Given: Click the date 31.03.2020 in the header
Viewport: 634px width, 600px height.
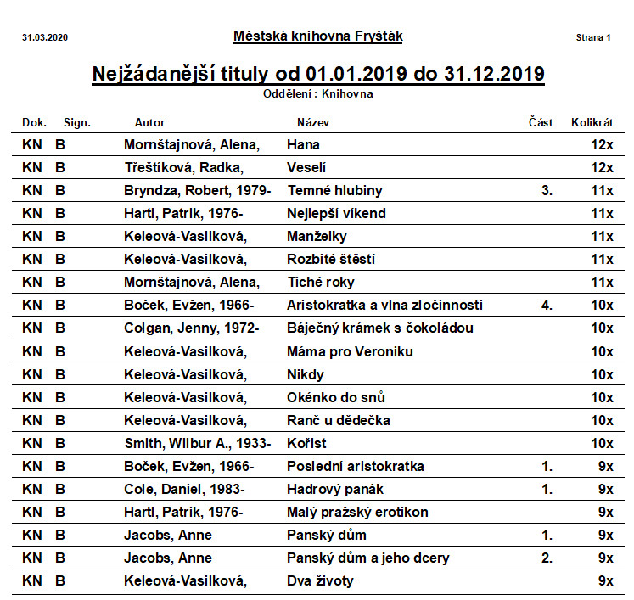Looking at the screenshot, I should click(44, 37).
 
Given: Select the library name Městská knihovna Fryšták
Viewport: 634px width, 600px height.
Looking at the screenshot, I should click(317, 36).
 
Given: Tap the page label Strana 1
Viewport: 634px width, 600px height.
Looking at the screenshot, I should click(593, 37).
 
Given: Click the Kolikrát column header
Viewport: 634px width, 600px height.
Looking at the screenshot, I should click(592, 122).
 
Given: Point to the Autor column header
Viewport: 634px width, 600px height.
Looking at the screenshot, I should click(150, 122).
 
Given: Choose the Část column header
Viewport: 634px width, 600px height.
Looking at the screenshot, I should click(540, 122).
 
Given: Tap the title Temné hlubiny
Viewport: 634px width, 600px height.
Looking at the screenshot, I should click(334, 191).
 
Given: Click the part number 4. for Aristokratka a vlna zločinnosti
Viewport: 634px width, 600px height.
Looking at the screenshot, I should click(547, 306).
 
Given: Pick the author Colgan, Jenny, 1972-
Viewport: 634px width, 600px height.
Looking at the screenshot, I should click(195, 328).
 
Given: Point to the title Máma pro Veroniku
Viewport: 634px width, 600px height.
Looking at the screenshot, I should click(350, 351).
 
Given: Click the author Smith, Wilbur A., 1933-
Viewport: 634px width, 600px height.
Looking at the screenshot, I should click(197, 443).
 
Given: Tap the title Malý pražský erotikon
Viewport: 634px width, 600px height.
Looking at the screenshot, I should click(357, 512).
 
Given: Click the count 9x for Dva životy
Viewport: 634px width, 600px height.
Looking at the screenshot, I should click(605, 581).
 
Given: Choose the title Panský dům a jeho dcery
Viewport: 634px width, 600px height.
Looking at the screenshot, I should click(368, 558).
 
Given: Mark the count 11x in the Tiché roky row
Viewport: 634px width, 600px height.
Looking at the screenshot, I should click(602, 283).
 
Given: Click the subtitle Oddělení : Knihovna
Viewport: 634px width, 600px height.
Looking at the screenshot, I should click(318, 94).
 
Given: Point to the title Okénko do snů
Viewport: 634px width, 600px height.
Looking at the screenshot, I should click(336, 397).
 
